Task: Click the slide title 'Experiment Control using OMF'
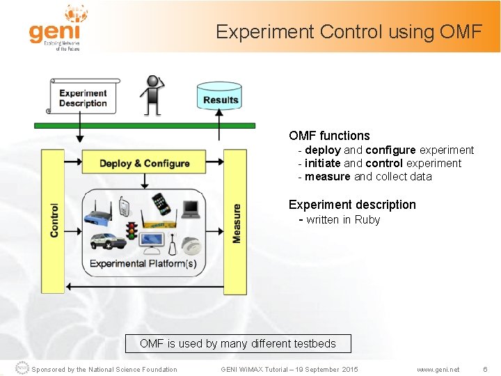348,32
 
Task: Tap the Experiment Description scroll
82,97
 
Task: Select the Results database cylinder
220,98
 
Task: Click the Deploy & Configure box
144,163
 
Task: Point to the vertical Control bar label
54,220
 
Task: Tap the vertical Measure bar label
236,223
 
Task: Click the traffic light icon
130,229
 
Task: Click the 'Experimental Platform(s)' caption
143,264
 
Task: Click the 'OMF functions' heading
329,136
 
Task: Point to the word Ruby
367,220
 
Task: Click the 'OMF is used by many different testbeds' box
237,343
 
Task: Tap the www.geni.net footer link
438,369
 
